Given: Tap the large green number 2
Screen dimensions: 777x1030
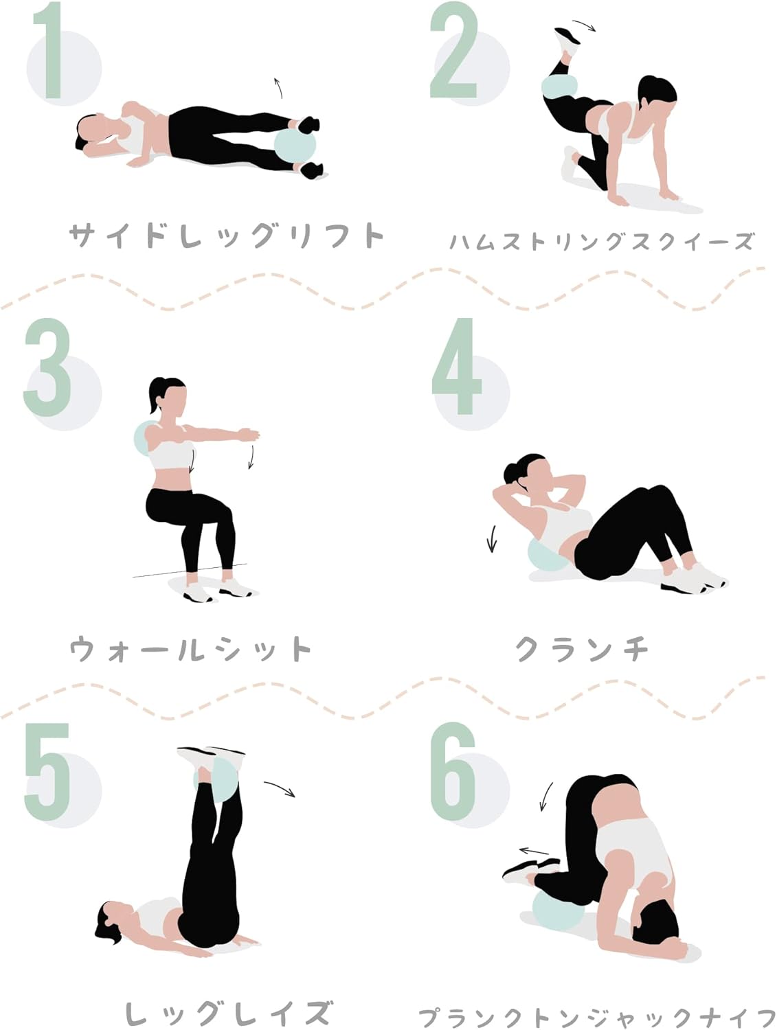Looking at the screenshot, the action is [453, 50].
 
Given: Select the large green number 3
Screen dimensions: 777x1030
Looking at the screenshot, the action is [47, 367].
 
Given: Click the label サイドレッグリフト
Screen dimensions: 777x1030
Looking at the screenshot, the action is [226, 235].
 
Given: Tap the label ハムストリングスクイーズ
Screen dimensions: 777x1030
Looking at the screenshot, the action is [602, 242].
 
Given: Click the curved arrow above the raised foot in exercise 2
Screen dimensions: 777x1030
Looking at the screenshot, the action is [583, 25].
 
